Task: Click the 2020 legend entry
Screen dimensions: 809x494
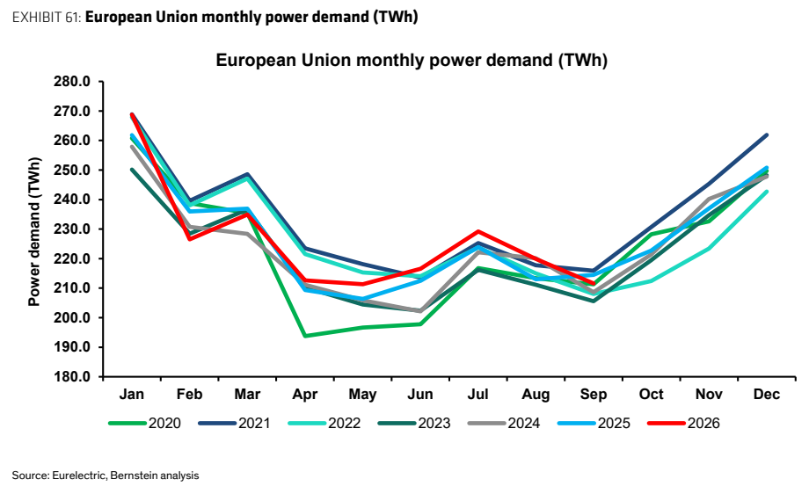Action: coord(144,424)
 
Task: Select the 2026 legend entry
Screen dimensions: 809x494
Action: coord(683,424)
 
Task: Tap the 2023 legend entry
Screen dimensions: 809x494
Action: coord(414,424)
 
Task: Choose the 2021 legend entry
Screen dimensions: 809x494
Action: coord(234,424)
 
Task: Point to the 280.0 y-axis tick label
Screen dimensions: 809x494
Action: coord(71,82)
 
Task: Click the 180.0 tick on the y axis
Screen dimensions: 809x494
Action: coord(71,377)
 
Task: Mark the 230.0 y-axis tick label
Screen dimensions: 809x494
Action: coord(71,229)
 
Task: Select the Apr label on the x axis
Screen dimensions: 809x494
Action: coord(304,395)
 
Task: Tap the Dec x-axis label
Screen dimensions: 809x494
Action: coord(766,395)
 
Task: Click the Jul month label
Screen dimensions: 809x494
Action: coord(477,395)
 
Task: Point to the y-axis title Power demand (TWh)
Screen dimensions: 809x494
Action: coord(34,231)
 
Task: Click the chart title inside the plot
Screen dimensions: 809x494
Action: coord(412,61)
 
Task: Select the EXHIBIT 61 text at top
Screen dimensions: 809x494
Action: coord(45,17)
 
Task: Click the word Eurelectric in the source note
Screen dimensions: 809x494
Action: coord(80,476)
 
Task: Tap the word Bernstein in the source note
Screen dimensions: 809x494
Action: coord(135,476)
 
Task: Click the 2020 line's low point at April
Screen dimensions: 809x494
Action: coord(305,336)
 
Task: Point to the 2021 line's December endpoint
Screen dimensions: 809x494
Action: coord(767,135)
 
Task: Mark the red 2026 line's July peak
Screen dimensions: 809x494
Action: coord(478,231)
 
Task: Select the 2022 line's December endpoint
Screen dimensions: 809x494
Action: coord(767,192)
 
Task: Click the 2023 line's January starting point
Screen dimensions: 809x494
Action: coord(132,170)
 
